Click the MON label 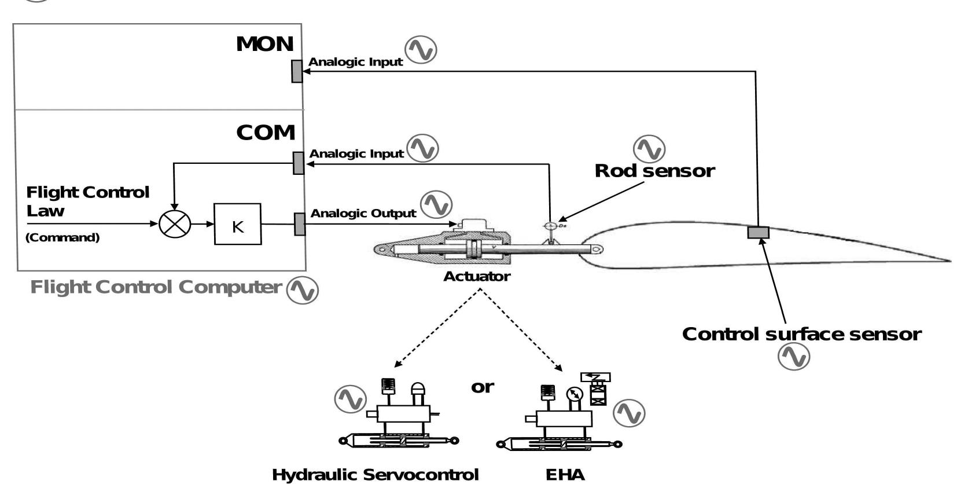point(264,44)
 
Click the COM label point(266,133)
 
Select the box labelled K point(237,224)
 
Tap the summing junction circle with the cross point(175,223)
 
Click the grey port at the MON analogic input point(297,71)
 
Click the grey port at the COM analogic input point(298,163)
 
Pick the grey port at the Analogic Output point(299,224)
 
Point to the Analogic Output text point(363,214)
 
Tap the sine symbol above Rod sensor point(649,149)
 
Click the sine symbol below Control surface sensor point(793,357)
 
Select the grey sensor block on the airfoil point(758,232)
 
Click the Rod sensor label point(654,171)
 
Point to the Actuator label point(477,277)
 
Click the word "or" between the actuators point(483,387)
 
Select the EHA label point(565,475)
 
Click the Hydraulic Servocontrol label point(375,475)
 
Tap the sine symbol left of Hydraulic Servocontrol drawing point(350,399)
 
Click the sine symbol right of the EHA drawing point(629,413)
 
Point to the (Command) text point(62,237)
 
